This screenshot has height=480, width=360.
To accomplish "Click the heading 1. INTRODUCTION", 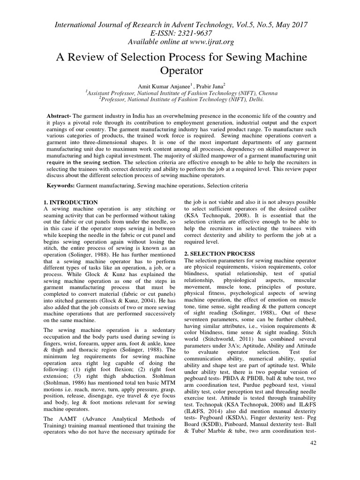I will click(x=70, y=202).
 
